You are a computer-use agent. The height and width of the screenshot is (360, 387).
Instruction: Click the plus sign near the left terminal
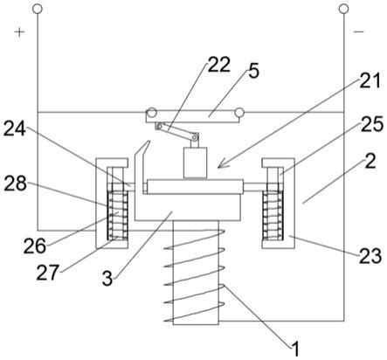pos(19,32)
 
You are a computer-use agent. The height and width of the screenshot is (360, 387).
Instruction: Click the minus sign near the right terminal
pos(359,31)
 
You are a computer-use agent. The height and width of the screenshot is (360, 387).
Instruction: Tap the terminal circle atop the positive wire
pos(38,9)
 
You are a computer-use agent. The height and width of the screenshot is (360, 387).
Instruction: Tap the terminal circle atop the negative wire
pos(344,9)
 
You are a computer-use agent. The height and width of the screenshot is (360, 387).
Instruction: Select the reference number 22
pos(218,65)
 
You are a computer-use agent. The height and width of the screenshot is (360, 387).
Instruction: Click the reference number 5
pos(253,71)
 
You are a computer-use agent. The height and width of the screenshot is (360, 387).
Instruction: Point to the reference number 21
pos(370,80)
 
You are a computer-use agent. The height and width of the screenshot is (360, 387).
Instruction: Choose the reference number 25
pos(372,124)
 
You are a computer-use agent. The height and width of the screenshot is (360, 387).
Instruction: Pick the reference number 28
pos(15,183)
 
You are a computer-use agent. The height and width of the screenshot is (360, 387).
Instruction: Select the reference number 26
pos(35,246)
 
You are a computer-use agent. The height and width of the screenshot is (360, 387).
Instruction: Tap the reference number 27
pos(48,273)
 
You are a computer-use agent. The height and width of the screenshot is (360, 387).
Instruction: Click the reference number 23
pos(370,256)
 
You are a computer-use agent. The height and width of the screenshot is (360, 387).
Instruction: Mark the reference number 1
pos(295,349)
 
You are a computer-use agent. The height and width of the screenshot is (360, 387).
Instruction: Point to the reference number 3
pos(107,278)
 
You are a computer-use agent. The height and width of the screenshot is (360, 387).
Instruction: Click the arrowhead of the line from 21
pos(220,165)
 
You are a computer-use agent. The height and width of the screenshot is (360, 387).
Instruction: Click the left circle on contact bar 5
pos(152,112)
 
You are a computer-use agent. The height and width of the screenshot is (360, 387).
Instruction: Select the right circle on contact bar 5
pos(239,112)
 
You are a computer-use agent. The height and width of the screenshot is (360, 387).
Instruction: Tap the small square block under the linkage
pos(195,163)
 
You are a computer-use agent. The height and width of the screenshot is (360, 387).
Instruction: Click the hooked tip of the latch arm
pos(149,142)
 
